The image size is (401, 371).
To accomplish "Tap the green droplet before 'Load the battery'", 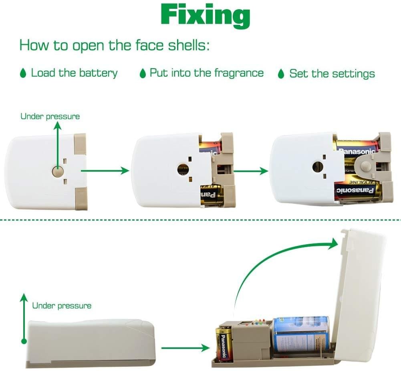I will (23, 73).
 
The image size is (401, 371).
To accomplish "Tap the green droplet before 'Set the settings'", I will (281, 74).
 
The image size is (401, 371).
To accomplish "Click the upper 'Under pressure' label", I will (50, 116).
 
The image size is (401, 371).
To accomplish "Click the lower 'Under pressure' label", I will (62, 306).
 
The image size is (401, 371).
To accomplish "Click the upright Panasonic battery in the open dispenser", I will (224, 342).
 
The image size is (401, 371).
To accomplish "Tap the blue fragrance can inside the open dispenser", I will (301, 334).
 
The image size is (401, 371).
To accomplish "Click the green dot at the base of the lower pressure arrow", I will (24, 341).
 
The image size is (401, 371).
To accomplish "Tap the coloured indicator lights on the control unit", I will (260, 322).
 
